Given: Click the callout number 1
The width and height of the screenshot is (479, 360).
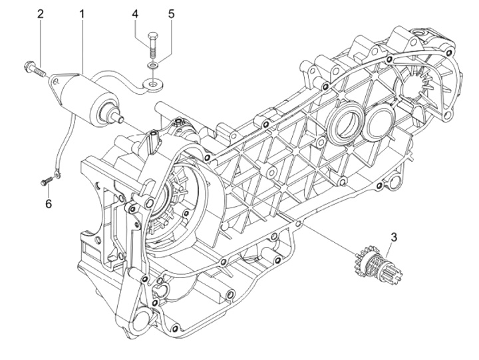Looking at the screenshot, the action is (x=82, y=14).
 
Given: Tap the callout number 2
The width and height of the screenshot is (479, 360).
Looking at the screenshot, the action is (x=41, y=14).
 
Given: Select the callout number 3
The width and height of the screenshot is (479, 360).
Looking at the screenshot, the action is (x=394, y=237).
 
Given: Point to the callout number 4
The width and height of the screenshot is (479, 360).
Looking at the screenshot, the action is (x=135, y=14).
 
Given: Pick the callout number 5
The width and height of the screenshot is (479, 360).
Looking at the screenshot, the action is (x=172, y=14).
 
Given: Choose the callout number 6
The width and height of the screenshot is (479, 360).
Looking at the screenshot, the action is (x=49, y=204).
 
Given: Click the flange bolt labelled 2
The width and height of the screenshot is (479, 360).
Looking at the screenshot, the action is (x=34, y=69).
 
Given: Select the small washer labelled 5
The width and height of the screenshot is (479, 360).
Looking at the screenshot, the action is (x=152, y=65).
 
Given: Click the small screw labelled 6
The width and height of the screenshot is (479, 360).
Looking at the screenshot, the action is (x=47, y=181).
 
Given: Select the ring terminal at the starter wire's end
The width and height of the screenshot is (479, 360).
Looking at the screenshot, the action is (x=57, y=175).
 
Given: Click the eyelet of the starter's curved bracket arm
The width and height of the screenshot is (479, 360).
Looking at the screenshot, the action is (x=152, y=83).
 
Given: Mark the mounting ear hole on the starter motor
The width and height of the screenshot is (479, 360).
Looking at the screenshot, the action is (x=55, y=81).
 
